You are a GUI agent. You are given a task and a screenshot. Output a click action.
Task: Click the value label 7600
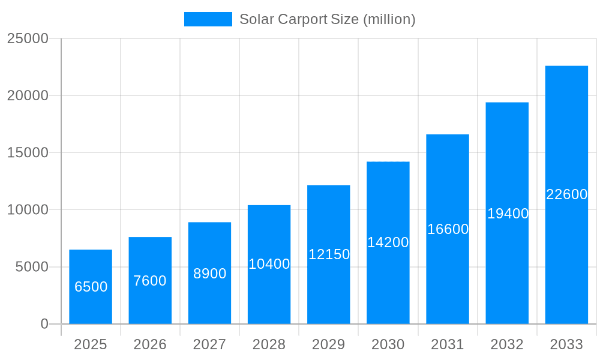150,281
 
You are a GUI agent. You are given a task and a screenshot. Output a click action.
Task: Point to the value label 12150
329,254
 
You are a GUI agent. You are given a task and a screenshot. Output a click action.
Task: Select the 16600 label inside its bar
448,229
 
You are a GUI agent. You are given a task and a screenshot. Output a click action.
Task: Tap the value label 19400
508,214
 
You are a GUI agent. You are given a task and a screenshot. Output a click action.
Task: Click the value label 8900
209,274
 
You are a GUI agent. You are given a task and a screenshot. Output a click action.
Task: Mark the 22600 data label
566,194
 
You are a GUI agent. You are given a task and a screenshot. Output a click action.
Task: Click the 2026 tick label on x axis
150,344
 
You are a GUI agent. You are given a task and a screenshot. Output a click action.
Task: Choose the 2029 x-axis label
329,344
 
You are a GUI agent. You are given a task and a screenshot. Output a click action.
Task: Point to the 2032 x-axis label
507,344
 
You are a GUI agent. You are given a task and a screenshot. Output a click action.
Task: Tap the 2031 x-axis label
448,344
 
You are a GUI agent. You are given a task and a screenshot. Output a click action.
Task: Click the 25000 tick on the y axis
28,38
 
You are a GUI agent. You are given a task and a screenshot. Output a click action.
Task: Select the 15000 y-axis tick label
28,152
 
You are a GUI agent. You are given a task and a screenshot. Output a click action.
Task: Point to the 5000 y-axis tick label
32,267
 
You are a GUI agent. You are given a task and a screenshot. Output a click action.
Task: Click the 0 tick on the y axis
44,324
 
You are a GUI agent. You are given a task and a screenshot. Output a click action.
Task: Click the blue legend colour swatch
208,19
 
